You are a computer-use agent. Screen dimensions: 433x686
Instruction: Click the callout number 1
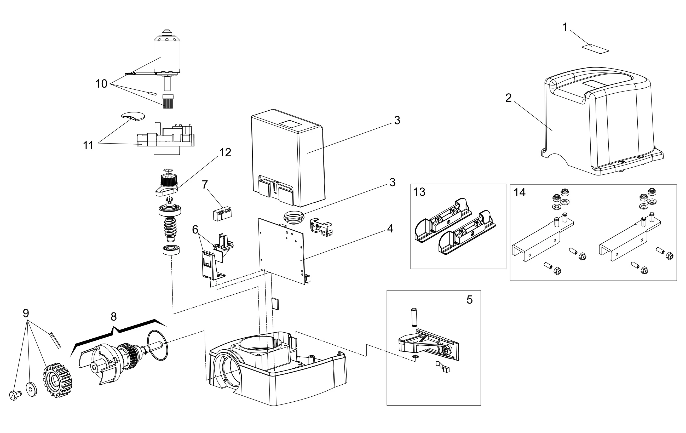pos(565,27)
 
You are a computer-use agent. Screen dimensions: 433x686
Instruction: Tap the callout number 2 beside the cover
pos(509,98)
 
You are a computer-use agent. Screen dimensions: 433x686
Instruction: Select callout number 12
pos(225,153)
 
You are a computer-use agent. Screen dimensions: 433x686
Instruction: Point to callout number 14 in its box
pos(519,193)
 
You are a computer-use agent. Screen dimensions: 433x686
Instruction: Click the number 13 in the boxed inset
pos(419,192)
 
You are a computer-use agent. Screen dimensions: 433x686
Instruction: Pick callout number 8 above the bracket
pos(114,317)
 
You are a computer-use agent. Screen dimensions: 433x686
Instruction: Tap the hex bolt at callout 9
pos(15,395)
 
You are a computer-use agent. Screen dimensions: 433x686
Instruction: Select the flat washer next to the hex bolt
pos(31,389)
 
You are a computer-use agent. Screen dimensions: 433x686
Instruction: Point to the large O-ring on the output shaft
pos(158,346)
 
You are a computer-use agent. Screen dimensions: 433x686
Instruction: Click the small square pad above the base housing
pos(275,303)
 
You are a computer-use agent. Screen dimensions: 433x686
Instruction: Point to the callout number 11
pos(88,146)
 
